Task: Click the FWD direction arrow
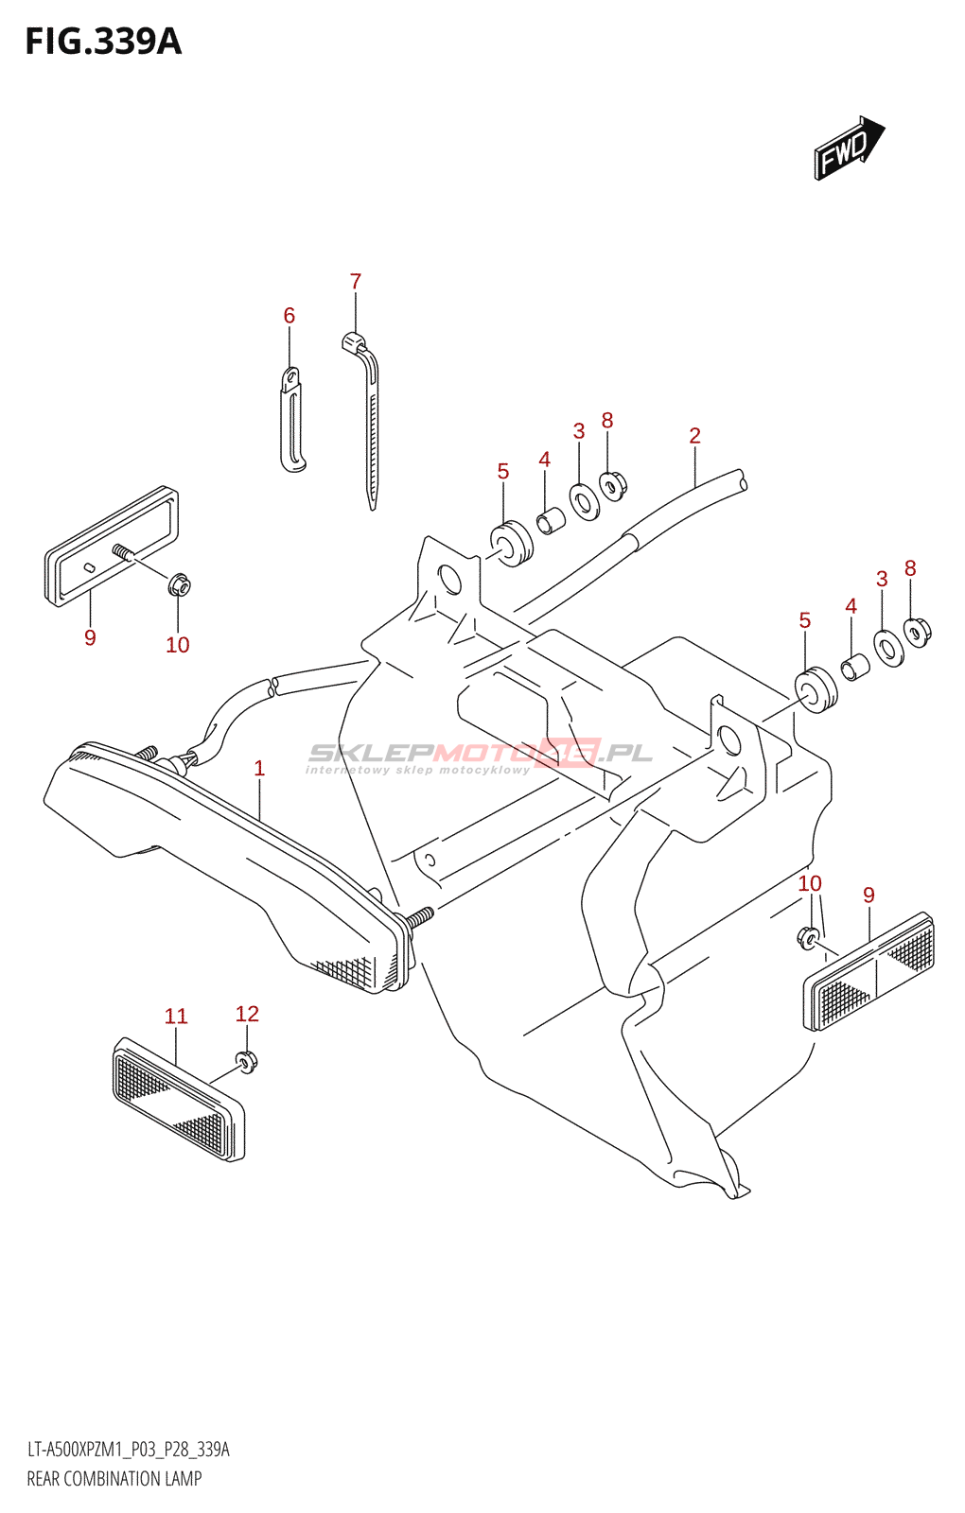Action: (x=848, y=148)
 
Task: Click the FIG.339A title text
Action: (x=102, y=43)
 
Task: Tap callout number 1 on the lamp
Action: (x=259, y=769)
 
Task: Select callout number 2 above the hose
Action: (x=694, y=436)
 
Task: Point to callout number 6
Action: (x=289, y=316)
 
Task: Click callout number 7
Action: (x=356, y=282)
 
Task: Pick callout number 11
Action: (x=176, y=1017)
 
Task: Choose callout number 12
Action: (x=247, y=1014)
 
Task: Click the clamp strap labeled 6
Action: (x=292, y=420)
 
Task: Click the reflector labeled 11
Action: (x=178, y=1100)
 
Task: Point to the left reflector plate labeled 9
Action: (x=111, y=547)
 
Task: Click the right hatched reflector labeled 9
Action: (x=869, y=970)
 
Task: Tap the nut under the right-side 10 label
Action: (x=808, y=938)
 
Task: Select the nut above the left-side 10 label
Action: (x=179, y=586)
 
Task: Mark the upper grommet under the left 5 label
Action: (x=512, y=544)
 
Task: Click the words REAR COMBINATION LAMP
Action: (x=114, y=1479)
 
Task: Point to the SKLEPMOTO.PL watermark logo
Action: (x=480, y=754)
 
